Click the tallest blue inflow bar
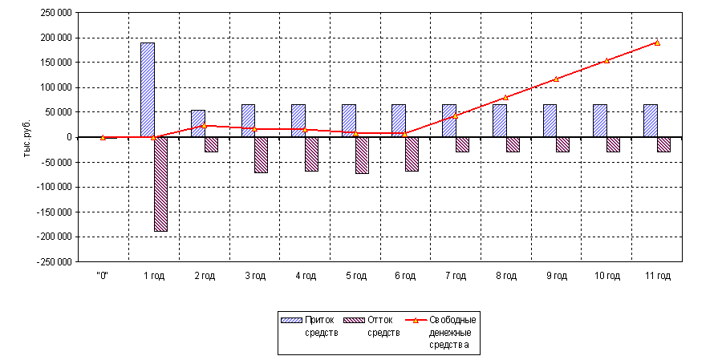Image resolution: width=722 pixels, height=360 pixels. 148,90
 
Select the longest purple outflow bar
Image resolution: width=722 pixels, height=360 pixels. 160,184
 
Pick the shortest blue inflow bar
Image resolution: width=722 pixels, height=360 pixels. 198,123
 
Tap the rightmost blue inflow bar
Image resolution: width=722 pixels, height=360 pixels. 650,120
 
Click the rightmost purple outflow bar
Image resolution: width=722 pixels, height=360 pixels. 663,144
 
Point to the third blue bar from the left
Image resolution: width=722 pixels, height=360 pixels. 248,120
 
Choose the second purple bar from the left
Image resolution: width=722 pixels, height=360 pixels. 211,144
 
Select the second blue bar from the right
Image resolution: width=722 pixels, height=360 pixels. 599,120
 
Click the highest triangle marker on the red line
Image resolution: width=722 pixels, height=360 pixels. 657,42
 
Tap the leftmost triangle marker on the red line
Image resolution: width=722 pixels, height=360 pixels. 103,137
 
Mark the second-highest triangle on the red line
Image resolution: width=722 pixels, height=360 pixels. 606,60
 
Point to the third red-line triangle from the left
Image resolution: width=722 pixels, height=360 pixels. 204,125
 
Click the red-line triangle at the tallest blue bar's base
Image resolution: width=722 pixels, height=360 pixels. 153,137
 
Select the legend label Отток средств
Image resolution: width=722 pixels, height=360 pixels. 383,326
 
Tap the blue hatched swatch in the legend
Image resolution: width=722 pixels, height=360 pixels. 290,320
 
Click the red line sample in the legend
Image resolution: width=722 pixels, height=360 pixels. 416,320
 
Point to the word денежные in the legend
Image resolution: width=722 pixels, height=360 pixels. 452,333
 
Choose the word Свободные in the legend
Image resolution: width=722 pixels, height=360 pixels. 452,320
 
